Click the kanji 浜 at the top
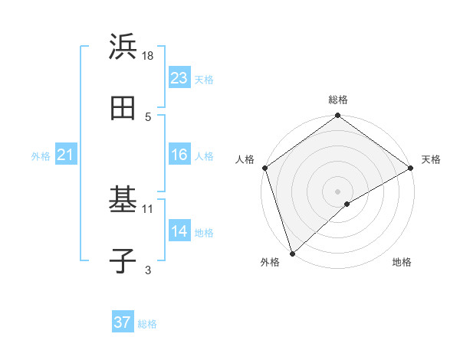(x=123, y=47)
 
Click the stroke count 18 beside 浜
(x=148, y=55)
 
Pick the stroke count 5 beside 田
(x=148, y=116)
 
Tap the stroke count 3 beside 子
(x=148, y=270)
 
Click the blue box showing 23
(x=179, y=78)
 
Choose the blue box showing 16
(x=179, y=155)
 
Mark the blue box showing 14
(x=179, y=231)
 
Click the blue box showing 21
(x=66, y=155)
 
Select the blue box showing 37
(x=123, y=322)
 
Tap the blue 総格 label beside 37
(x=147, y=324)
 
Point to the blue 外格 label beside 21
(x=41, y=156)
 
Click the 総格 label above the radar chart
(x=338, y=100)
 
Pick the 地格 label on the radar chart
(x=402, y=263)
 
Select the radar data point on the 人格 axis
(x=264, y=168)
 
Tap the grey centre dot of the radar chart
(x=338, y=191)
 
